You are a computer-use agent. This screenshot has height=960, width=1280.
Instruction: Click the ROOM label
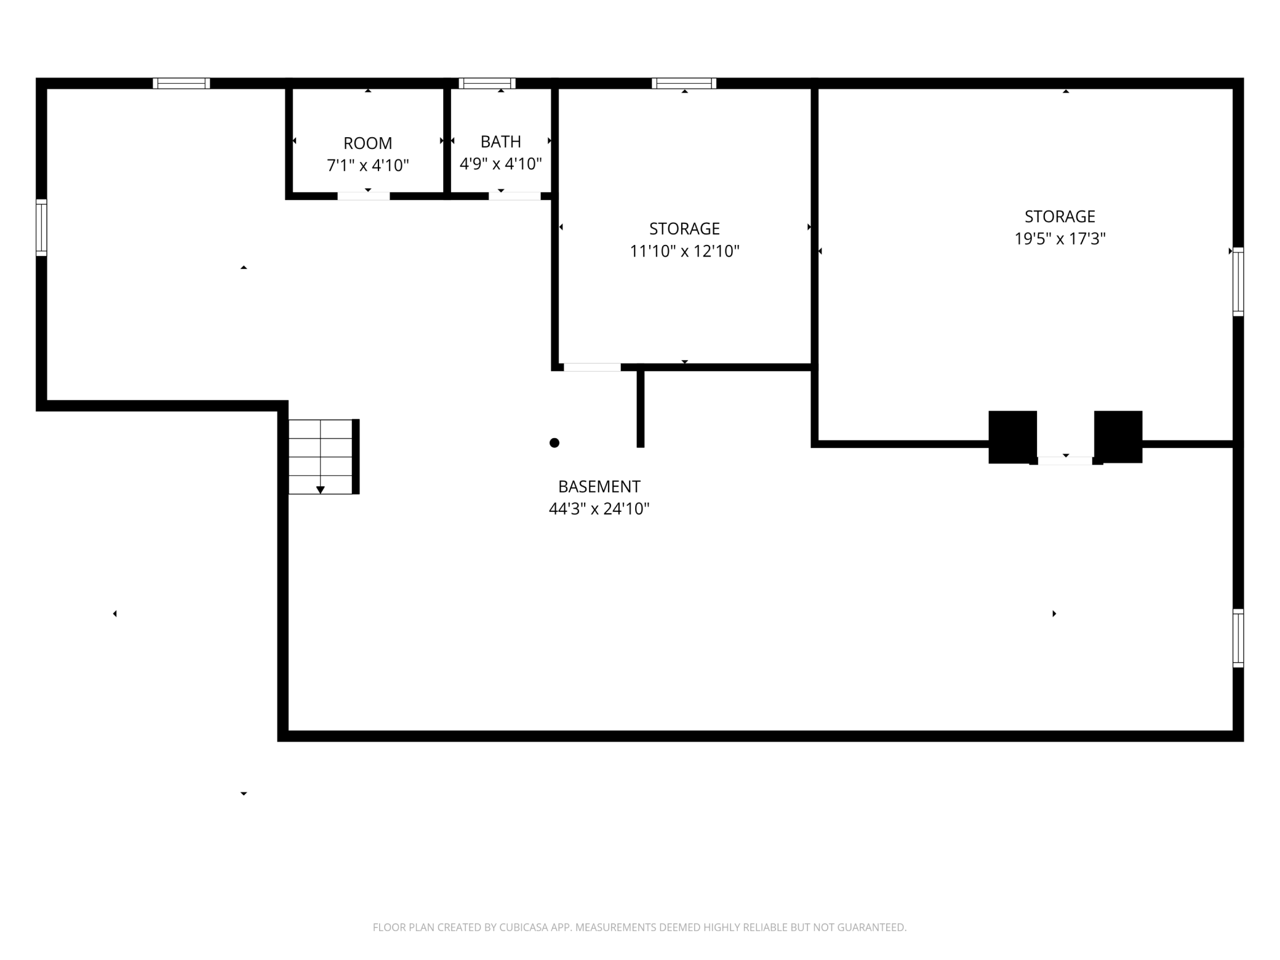click(x=367, y=143)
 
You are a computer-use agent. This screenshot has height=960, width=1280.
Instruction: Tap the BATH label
click(x=500, y=142)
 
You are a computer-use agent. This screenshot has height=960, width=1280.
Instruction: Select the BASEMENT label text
click(x=599, y=487)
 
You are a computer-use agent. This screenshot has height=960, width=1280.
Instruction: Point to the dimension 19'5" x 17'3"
click(x=1060, y=239)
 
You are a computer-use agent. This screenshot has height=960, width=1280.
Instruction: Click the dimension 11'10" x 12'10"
click(x=684, y=251)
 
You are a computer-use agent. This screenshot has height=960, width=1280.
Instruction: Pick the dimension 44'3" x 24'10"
click(x=599, y=509)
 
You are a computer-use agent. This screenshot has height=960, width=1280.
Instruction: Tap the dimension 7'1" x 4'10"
click(x=367, y=166)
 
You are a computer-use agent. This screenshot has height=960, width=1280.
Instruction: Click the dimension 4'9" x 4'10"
click(x=500, y=164)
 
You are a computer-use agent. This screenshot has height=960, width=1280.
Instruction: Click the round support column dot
click(x=554, y=442)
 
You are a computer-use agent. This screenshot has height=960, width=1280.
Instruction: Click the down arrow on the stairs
click(x=320, y=490)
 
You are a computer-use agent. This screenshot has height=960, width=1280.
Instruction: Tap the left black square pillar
click(x=1012, y=437)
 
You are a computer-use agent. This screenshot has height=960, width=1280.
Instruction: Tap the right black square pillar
click(x=1118, y=437)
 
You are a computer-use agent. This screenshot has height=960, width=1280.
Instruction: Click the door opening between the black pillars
click(x=1065, y=460)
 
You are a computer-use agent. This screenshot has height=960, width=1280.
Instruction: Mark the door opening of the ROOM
click(x=364, y=196)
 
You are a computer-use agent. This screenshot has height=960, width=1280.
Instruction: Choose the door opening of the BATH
click(x=514, y=196)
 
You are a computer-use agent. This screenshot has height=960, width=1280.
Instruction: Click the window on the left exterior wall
click(x=41, y=227)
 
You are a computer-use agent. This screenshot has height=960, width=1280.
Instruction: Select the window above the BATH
click(x=487, y=83)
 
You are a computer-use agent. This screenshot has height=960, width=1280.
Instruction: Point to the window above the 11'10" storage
click(x=684, y=83)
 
